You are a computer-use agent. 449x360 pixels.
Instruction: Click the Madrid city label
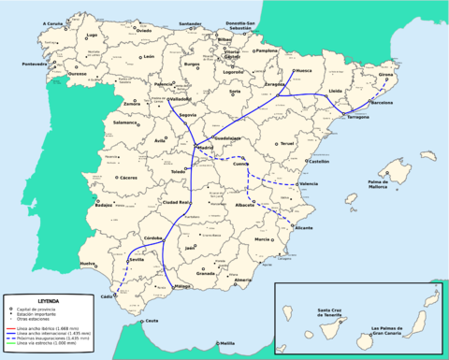[207, 147]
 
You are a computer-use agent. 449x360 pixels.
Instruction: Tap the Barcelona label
[382, 105]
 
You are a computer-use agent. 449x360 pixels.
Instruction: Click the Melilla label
[228, 343]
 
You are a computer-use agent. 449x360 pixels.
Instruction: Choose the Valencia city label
[308, 184]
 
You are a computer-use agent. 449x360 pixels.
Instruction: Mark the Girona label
[385, 74]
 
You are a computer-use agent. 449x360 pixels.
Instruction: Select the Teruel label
[287, 143]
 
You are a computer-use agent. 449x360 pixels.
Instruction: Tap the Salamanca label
[124, 122]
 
